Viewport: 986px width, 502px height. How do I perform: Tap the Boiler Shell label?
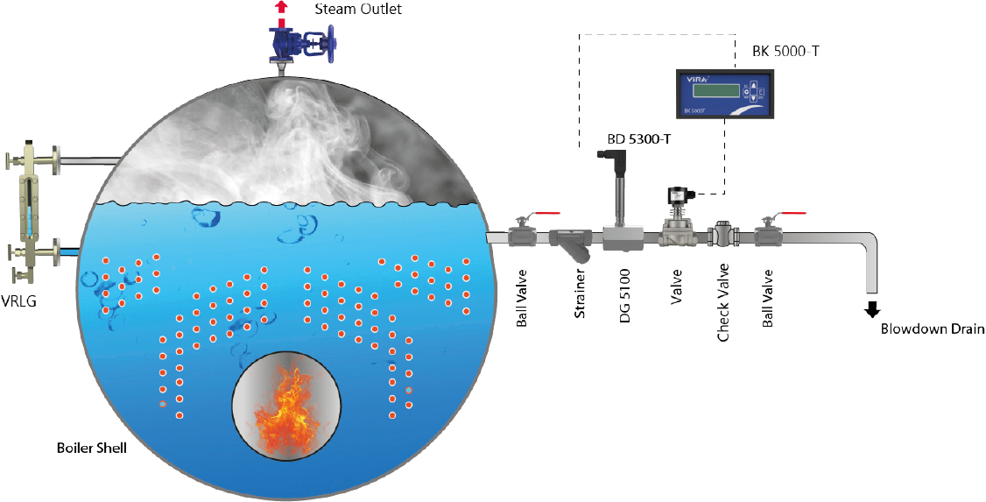coord(91,449)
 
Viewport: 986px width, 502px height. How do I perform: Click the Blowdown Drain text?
coord(933,329)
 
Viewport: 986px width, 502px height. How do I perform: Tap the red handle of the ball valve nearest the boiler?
coord(547,212)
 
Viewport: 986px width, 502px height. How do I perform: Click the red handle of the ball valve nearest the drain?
coord(792,212)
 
